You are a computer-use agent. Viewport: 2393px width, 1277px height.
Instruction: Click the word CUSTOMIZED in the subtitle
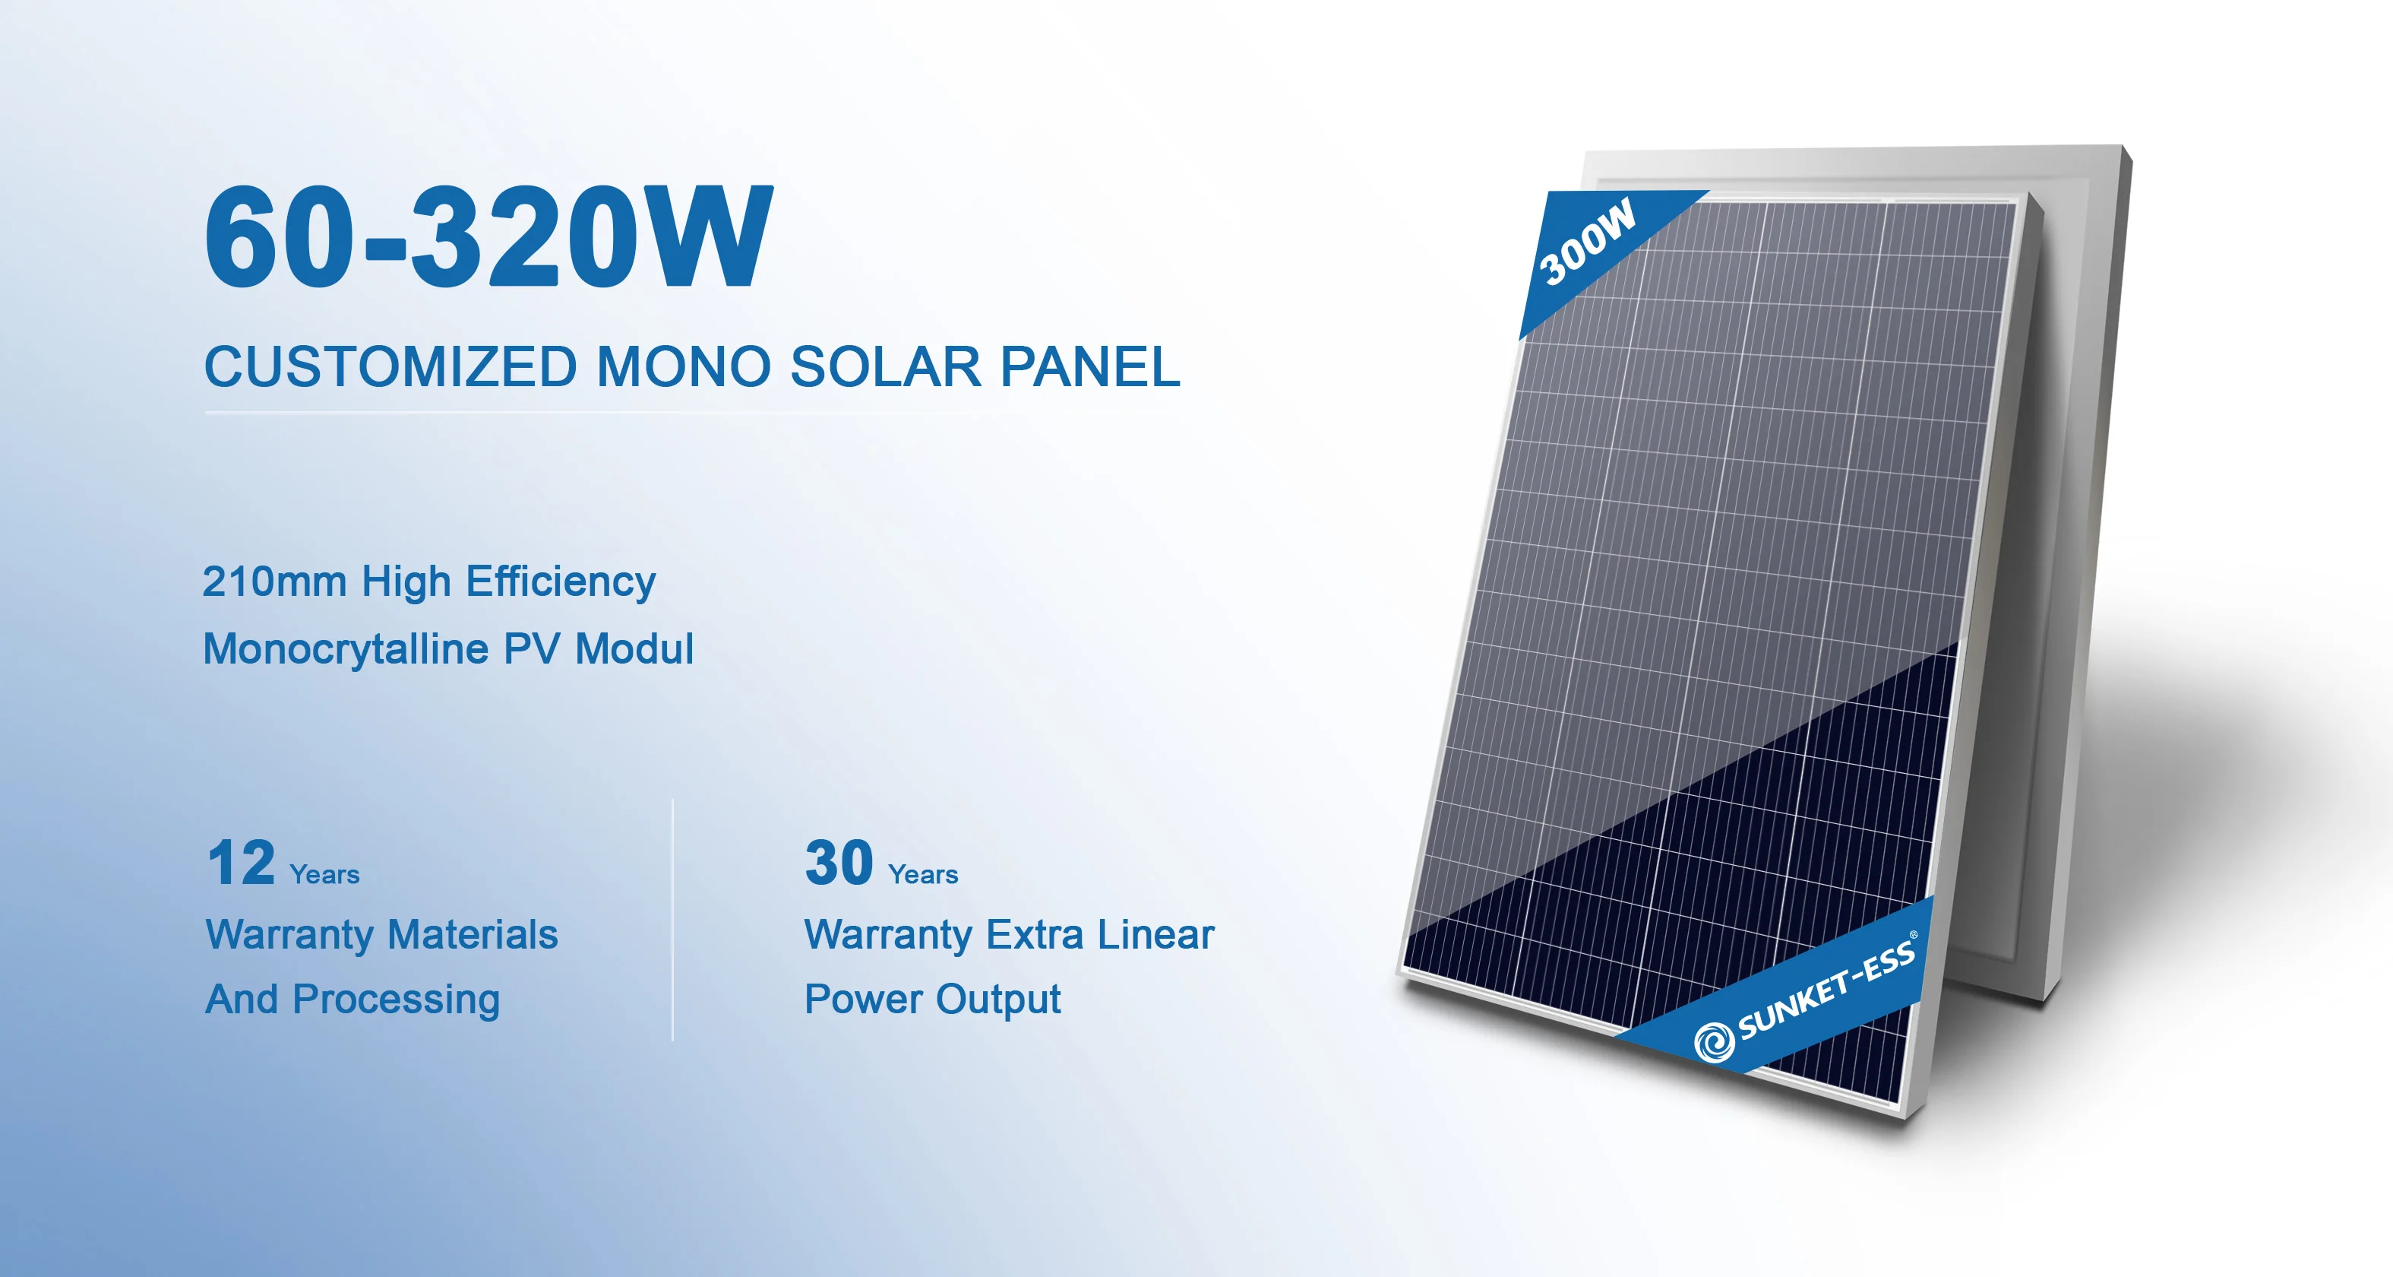[x=390, y=366]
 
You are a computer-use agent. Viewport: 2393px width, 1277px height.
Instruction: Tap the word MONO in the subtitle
[x=683, y=366]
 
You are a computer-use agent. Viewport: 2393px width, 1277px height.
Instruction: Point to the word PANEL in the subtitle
[x=1089, y=366]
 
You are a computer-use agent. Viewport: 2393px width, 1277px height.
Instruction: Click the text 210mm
[x=274, y=581]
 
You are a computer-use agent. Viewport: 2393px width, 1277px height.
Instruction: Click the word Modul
[x=634, y=648]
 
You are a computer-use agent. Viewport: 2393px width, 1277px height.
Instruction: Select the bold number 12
[x=241, y=863]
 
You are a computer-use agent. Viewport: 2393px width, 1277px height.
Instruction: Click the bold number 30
[x=839, y=863]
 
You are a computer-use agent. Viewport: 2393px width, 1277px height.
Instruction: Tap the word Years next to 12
[x=324, y=875]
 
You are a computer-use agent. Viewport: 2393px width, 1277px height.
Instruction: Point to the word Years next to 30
[x=922, y=875]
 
